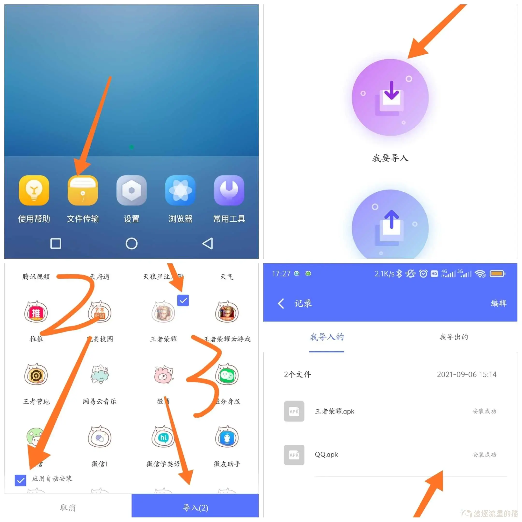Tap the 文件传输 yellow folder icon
[x=83, y=190]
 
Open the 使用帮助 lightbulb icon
[x=34, y=190]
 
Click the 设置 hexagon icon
[x=131, y=190]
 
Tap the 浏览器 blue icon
[x=180, y=190]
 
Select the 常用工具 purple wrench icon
[x=229, y=190]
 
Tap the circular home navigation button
[x=131, y=243]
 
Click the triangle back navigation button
[x=208, y=243]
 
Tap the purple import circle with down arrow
[x=390, y=97]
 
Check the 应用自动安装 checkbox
[x=21, y=480]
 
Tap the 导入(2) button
[x=195, y=508]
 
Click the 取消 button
[x=68, y=508]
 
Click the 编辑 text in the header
[x=499, y=303]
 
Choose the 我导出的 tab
[x=454, y=337]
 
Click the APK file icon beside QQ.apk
[x=294, y=455]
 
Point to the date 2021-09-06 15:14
[x=467, y=375]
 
